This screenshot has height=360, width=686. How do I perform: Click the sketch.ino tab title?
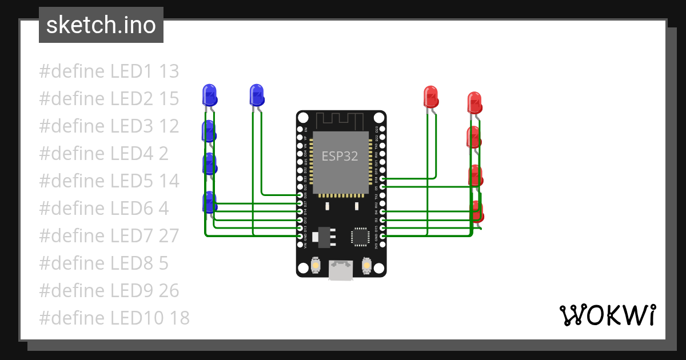[101, 25]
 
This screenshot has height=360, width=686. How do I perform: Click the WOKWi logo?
[607, 315]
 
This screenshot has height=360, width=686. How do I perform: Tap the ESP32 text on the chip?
[340, 156]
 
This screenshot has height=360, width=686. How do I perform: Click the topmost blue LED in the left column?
[210, 94]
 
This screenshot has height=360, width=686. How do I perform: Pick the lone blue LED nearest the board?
[257, 94]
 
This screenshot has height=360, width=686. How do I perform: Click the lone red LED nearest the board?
[430, 96]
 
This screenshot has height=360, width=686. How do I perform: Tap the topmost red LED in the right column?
[474, 102]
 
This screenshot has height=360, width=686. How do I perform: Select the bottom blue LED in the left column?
[210, 202]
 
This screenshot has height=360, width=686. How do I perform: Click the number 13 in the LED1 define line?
[169, 71]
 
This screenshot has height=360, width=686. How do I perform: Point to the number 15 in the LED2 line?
[169, 99]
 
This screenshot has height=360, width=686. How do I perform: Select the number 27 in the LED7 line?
[169, 235]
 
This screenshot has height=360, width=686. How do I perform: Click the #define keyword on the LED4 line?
[72, 154]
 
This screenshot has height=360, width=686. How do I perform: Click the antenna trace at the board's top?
[341, 120]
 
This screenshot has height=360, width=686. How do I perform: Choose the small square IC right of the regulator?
[361, 236]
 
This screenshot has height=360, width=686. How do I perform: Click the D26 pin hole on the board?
[300, 195]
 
